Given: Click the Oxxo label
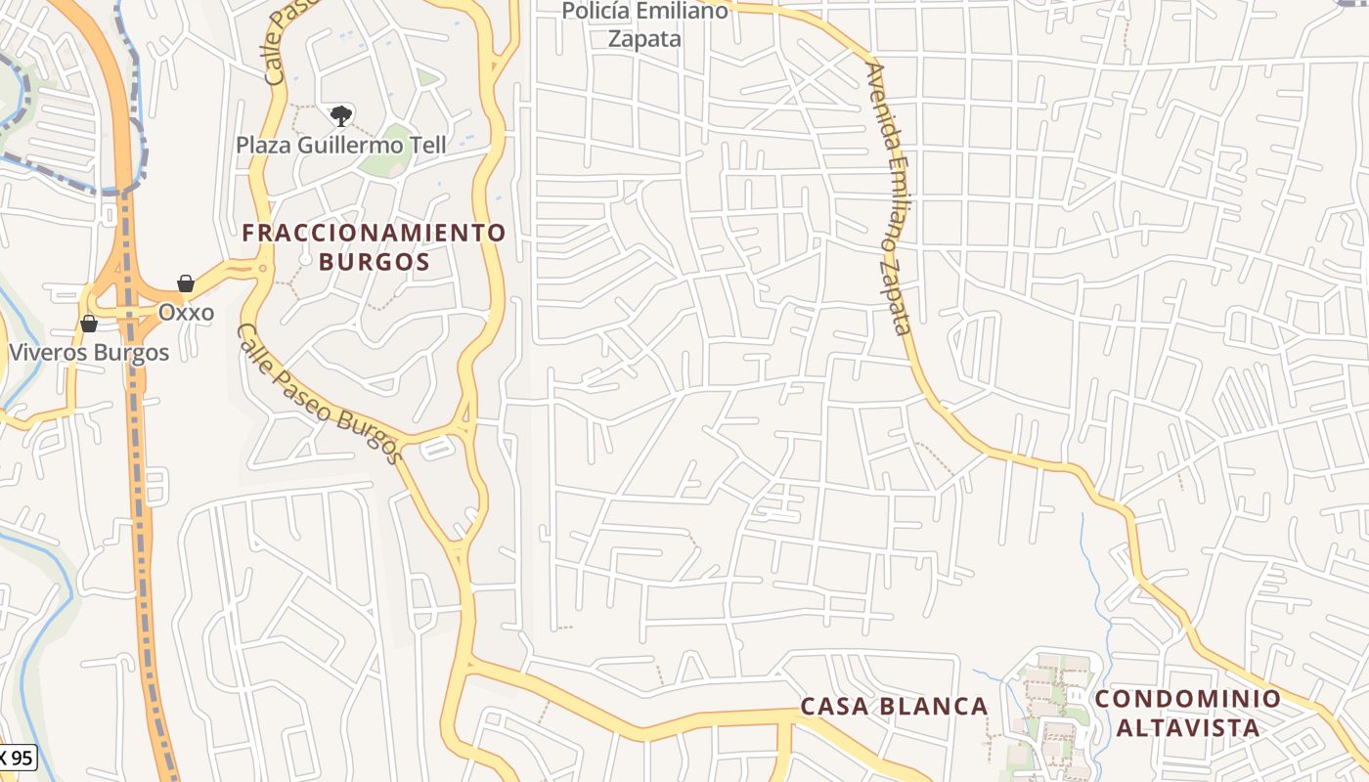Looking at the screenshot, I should pyautogui.click(x=187, y=313).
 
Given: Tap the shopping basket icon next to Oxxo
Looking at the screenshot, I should pyautogui.click(x=186, y=284).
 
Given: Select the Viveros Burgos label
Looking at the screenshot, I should pyautogui.click(x=89, y=352).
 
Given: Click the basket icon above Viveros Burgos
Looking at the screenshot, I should pyautogui.click(x=89, y=324).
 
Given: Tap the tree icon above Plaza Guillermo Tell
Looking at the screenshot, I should pyautogui.click(x=340, y=117).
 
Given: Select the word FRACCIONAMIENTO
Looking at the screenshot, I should pyautogui.click(x=374, y=233).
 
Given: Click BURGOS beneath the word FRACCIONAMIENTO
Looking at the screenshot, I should pyautogui.click(x=374, y=262).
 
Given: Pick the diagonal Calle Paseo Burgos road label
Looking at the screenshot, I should pyautogui.click(x=320, y=393).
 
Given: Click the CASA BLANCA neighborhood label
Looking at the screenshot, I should pyautogui.click(x=894, y=706).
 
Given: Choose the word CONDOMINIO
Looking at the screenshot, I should pyautogui.click(x=1187, y=699).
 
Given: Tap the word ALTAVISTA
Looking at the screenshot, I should pyautogui.click(x=1187, y=728).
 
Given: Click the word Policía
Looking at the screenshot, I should pyautogui.click(x=598, y=12).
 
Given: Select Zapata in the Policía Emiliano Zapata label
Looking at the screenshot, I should pyautogui.click(x=644, y=39).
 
